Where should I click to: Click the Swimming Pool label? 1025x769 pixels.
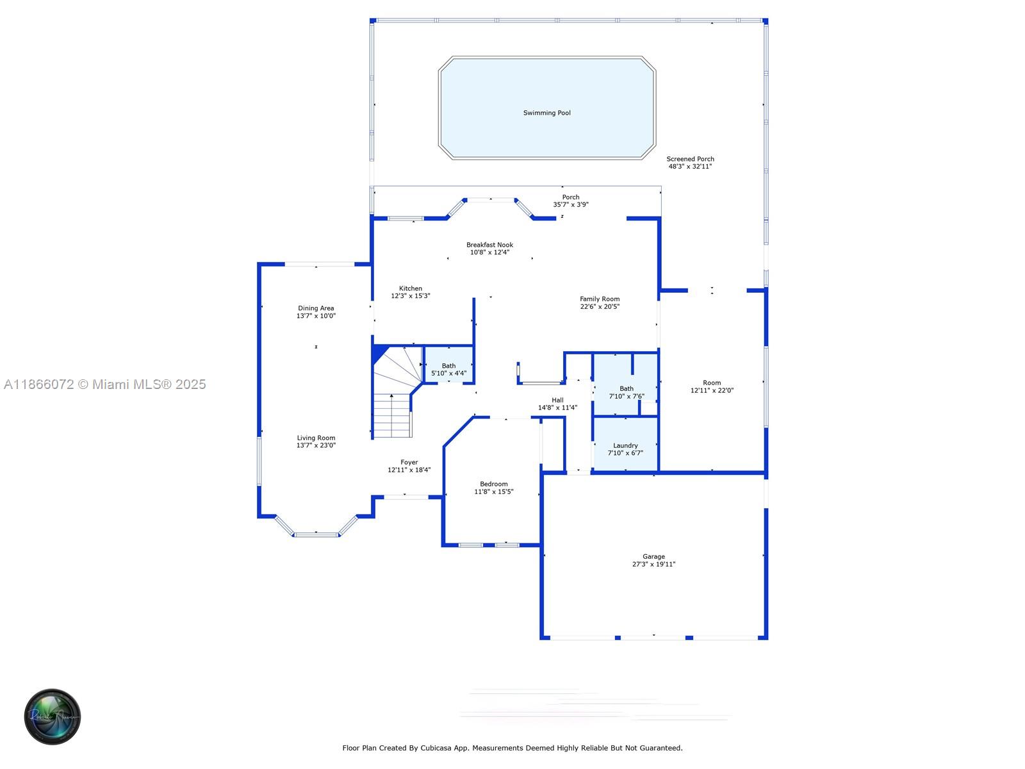(x=546, y=113)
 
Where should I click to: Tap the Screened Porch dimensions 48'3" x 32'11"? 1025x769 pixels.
(x=690, y=167)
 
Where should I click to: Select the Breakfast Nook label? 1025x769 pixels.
(x=489, y=245)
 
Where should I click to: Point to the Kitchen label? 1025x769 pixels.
(x=411, y=288)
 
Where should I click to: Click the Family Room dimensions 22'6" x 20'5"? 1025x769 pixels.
(x=600, y=307)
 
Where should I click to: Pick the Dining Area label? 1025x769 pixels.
(x=316, y=308)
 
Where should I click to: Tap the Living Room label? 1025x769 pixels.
(x=316, y=438)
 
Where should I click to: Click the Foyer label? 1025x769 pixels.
(x=409, y=462)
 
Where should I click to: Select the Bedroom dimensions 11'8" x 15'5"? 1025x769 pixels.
(x=493, y=492)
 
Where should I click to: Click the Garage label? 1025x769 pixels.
(x=653, y=557)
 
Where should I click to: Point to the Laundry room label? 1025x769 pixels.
(x=625, y=445)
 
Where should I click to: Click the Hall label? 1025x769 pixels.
(x=557, y=400)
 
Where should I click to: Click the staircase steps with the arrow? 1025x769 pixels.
(x=392, y=417)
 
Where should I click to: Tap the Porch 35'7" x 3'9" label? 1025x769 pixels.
(x=570, y=201)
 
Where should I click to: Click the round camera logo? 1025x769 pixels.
(x=53, y=716)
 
